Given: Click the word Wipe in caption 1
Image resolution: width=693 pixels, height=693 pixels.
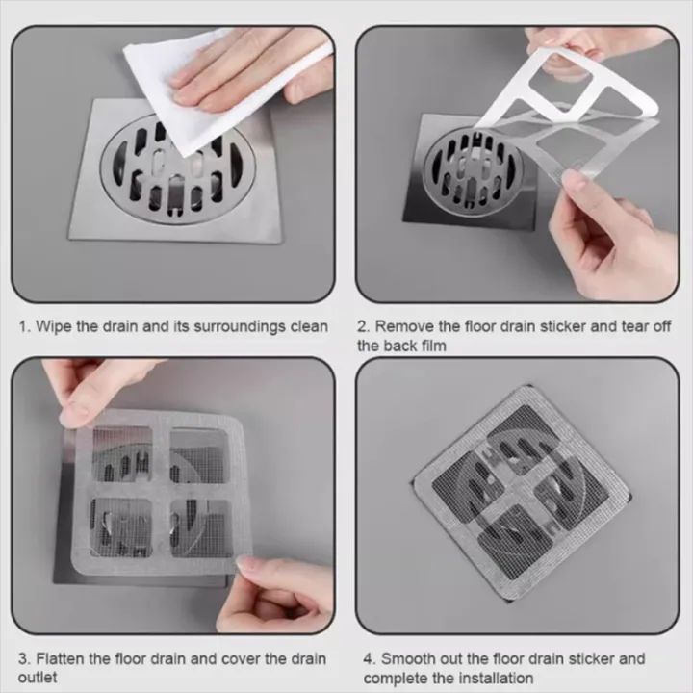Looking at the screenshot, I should pos(54,326).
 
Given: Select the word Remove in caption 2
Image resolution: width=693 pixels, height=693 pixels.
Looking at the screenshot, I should pos(404,326).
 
